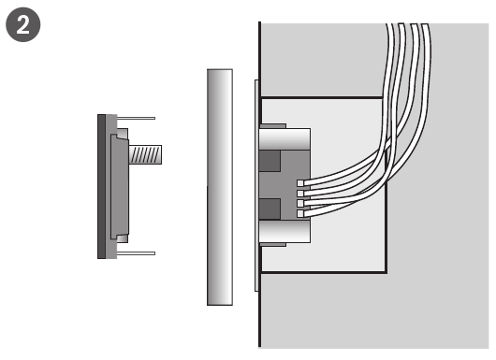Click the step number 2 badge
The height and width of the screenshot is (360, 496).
[23, 25]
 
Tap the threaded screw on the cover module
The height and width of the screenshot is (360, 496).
[145, 154]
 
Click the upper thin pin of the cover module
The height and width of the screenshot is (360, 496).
[136, 118]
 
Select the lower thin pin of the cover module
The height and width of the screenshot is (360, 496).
[136, 253]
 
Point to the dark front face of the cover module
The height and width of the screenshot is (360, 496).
[102, 186]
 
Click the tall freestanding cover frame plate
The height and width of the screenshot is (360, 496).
[220, 187]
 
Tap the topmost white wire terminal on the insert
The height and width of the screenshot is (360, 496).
[300, 183]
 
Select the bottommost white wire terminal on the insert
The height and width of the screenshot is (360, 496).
[300, 214]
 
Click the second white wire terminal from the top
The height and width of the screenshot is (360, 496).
[300, 194]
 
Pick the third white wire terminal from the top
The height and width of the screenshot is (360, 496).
[300, 204]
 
